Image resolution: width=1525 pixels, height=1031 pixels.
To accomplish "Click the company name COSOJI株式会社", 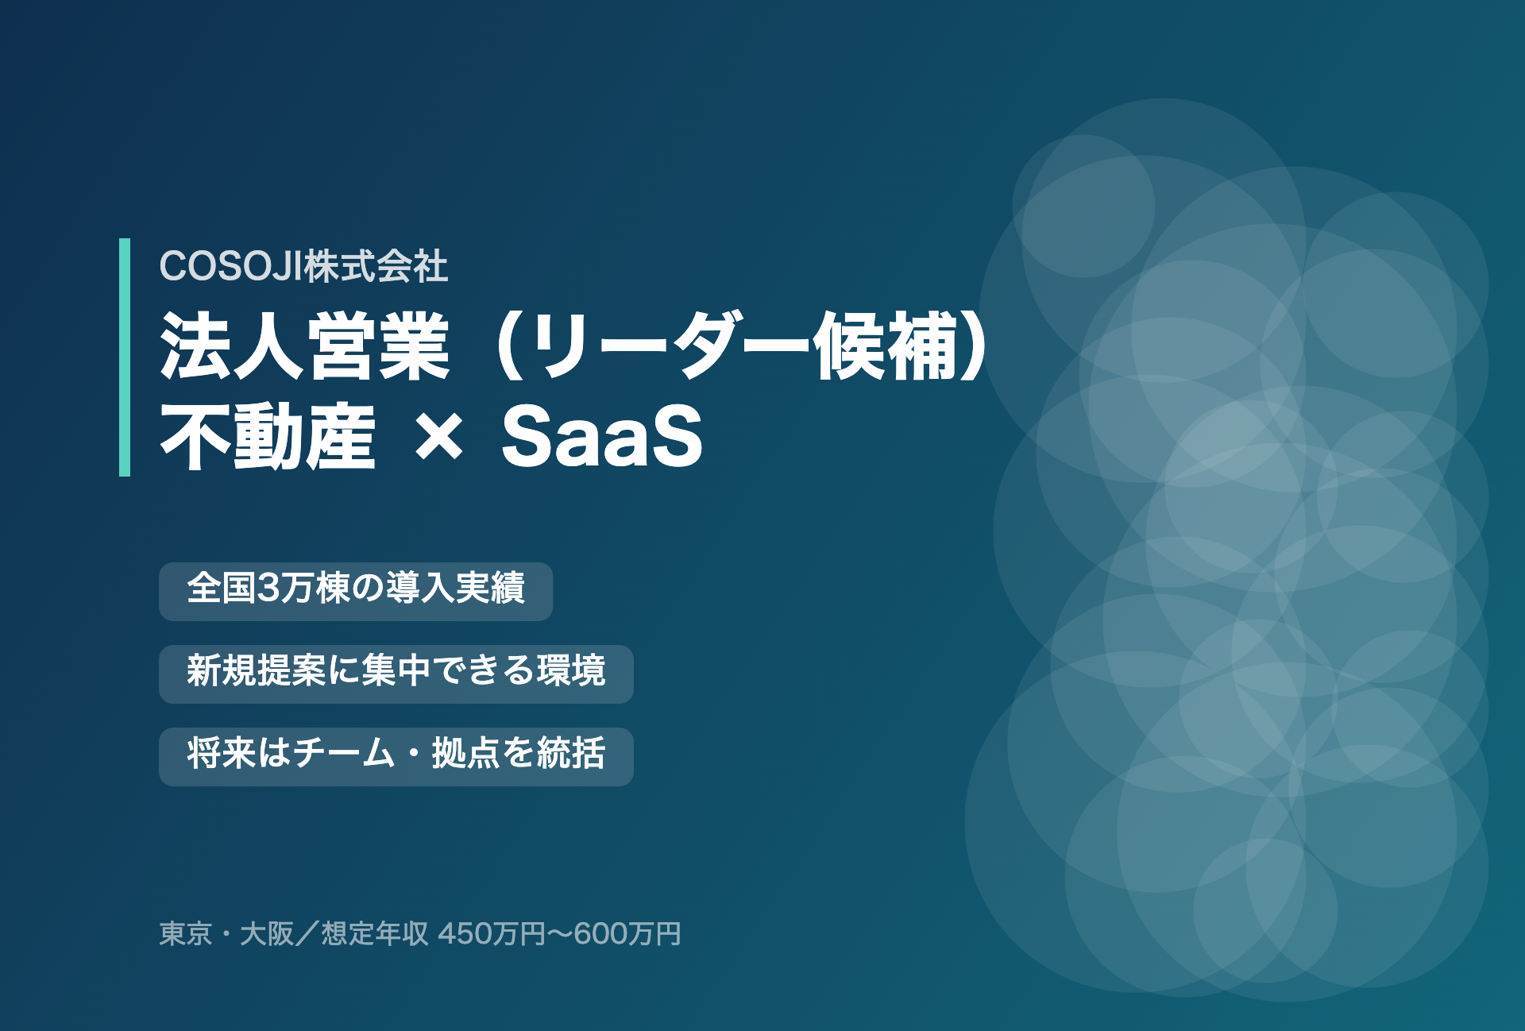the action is [x=303, y=266].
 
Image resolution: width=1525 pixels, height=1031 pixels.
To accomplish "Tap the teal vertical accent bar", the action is [x=125, y=357].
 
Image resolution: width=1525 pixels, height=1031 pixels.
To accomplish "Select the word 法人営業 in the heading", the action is [x=305, y=347].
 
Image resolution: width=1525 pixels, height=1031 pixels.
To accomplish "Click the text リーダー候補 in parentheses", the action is [x=743, y=347].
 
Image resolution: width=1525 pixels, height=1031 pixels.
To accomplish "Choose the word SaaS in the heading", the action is [x=602, y=436].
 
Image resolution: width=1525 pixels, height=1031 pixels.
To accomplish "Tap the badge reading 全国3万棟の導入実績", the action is [x=356, y=592].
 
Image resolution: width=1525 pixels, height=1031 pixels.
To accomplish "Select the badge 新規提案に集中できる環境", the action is [x=396, y=674].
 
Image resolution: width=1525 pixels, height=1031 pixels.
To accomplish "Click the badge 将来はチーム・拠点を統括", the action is [x=396, y=757].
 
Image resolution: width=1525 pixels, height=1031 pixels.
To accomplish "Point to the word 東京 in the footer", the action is [x=186, y=933].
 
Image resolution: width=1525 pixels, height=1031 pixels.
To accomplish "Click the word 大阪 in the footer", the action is [x=267, y=933].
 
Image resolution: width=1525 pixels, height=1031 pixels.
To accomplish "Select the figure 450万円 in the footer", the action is [x=492, y=933].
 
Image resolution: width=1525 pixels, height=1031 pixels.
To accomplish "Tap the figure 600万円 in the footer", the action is [x=627, y=933].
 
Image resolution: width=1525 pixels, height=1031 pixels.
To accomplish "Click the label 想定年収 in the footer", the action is [x=375, y=933].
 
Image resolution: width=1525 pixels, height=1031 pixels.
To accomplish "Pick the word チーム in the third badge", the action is [x=343, y=753].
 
